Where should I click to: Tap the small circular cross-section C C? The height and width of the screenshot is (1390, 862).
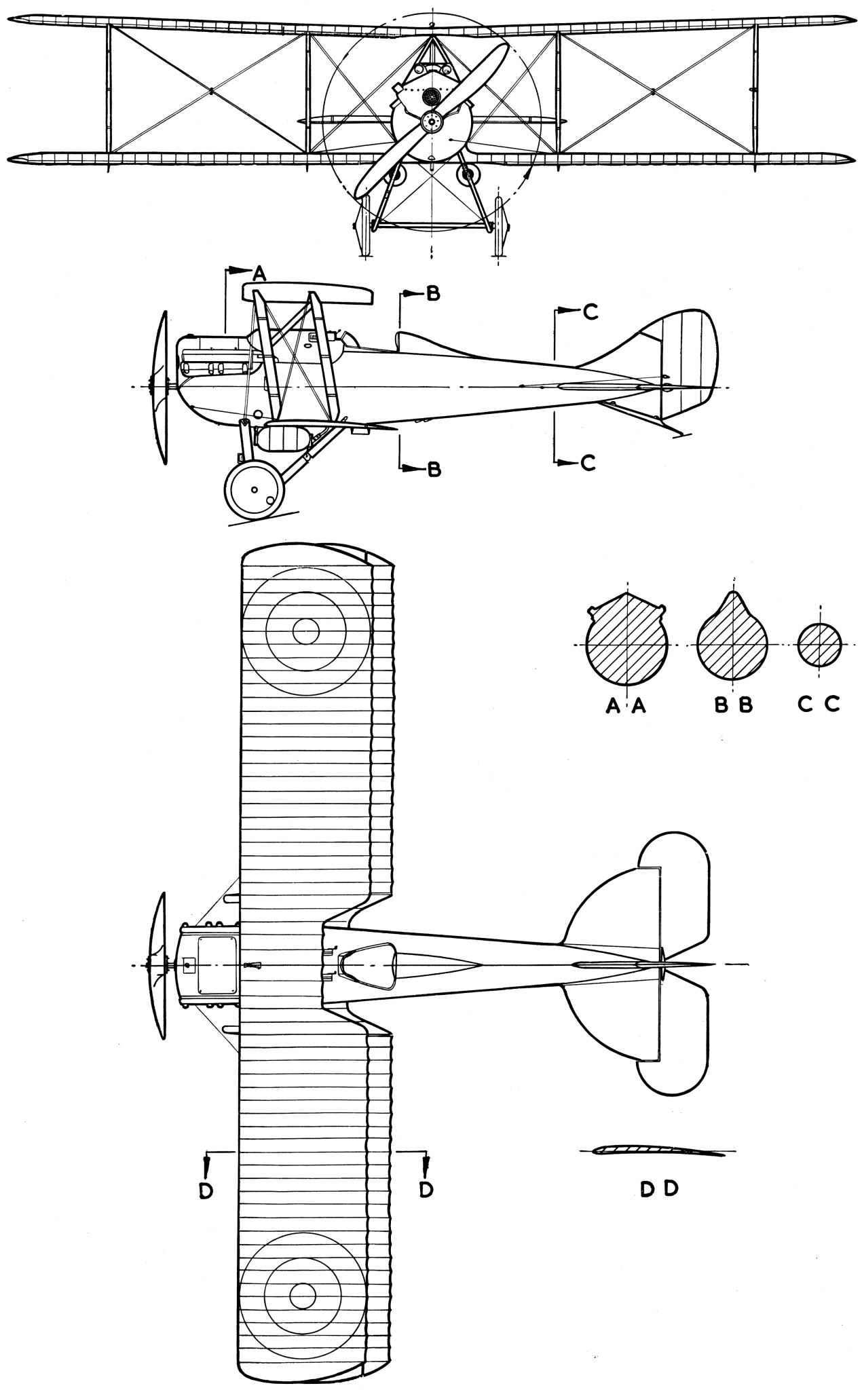820,645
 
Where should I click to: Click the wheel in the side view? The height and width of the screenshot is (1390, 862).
253,489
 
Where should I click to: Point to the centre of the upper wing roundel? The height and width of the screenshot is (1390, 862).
305,631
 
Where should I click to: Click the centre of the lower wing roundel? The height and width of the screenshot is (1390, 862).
303,1295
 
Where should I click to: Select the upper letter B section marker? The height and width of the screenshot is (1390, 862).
433,294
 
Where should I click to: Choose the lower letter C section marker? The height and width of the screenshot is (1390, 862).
588,463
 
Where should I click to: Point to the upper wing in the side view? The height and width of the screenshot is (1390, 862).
308,293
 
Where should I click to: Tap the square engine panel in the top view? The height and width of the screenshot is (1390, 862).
217,964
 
